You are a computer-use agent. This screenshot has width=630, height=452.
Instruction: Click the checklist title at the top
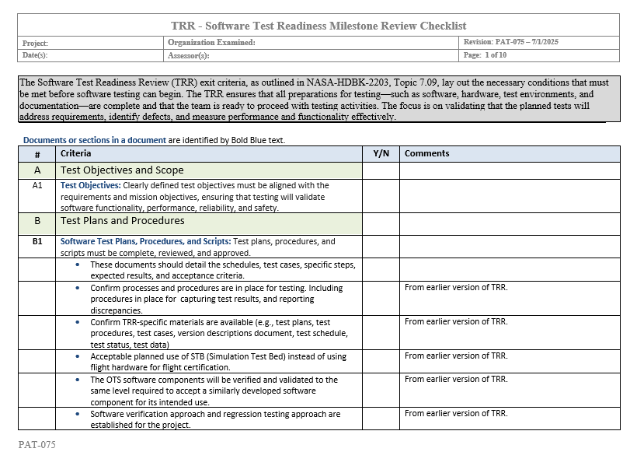tap(318, 26)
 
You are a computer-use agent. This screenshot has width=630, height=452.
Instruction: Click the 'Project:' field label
tap(36, 44)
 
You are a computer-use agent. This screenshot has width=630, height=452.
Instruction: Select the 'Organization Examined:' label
tap(211, 43)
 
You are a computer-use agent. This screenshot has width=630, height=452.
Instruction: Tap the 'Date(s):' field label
tap(36, 56)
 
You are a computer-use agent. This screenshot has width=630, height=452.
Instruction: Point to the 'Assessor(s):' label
tap(189, 56)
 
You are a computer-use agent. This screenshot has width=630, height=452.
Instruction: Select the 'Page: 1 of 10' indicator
tap(485, 56)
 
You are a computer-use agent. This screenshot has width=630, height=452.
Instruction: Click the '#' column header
tap(37, 154)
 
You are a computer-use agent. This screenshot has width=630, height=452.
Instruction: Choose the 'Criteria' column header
tap(75, 154)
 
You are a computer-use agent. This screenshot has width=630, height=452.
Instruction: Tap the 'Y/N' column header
tap(381, 154)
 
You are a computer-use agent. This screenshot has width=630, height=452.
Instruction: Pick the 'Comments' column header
tap(426, 154)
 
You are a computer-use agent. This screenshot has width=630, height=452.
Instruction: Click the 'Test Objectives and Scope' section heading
tap(122, 170)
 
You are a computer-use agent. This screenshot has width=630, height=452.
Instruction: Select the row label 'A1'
tap(37, 186)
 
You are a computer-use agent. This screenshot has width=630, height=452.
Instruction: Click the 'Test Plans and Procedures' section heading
tap(123, 221)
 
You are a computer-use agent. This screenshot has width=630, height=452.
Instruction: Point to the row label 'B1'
tap(37, 242)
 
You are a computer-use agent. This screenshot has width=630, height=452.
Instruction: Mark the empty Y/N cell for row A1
tap(381, 196)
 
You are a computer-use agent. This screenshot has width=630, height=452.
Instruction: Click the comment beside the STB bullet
tap(455, 356)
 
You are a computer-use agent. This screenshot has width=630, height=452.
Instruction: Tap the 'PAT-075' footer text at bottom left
tap(37, 445)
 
